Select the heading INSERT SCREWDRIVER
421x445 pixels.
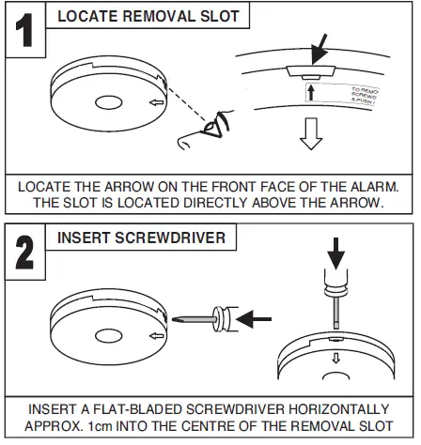(x=141, y=238)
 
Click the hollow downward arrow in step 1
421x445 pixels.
(x=309, y=137)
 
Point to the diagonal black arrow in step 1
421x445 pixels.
(x=320, y=47)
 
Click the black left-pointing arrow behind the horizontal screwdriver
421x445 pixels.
(x=254, y=319)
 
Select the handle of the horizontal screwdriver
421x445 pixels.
(x=222, y=317)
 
